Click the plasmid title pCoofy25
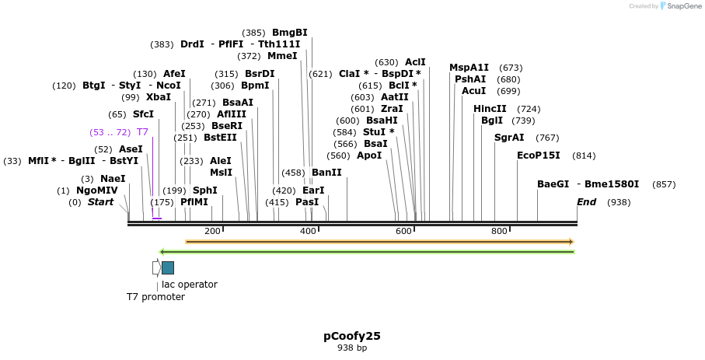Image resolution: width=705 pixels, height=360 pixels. [352, 336]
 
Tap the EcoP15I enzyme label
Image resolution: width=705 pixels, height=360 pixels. [539, 156]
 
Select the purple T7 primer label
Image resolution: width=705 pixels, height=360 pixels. [142, 132]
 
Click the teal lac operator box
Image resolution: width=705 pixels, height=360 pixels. [168, 267]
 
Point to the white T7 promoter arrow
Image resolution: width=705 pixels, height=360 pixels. [156, 267]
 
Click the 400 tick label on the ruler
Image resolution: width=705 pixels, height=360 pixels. [308, 231]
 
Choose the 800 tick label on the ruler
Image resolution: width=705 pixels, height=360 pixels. [499, 231]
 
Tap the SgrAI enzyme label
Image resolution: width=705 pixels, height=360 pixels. [510, 138]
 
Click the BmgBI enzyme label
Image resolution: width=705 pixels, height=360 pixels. [290, 33]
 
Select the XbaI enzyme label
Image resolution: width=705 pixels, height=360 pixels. [159, 97]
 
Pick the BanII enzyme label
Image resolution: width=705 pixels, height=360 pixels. [326, 173]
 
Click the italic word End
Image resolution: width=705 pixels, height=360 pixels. [587, 202]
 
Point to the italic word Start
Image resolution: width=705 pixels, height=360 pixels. [100, 202]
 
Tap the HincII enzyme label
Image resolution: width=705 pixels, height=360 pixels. [490, 109]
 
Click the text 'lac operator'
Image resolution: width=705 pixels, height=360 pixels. [190, 285]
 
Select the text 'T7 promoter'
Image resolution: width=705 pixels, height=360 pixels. [155, 297]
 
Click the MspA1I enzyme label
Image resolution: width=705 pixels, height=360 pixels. [469, 68]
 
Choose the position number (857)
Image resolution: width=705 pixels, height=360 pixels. [664, 184]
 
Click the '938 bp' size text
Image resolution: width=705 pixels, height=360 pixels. [352, 348]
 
